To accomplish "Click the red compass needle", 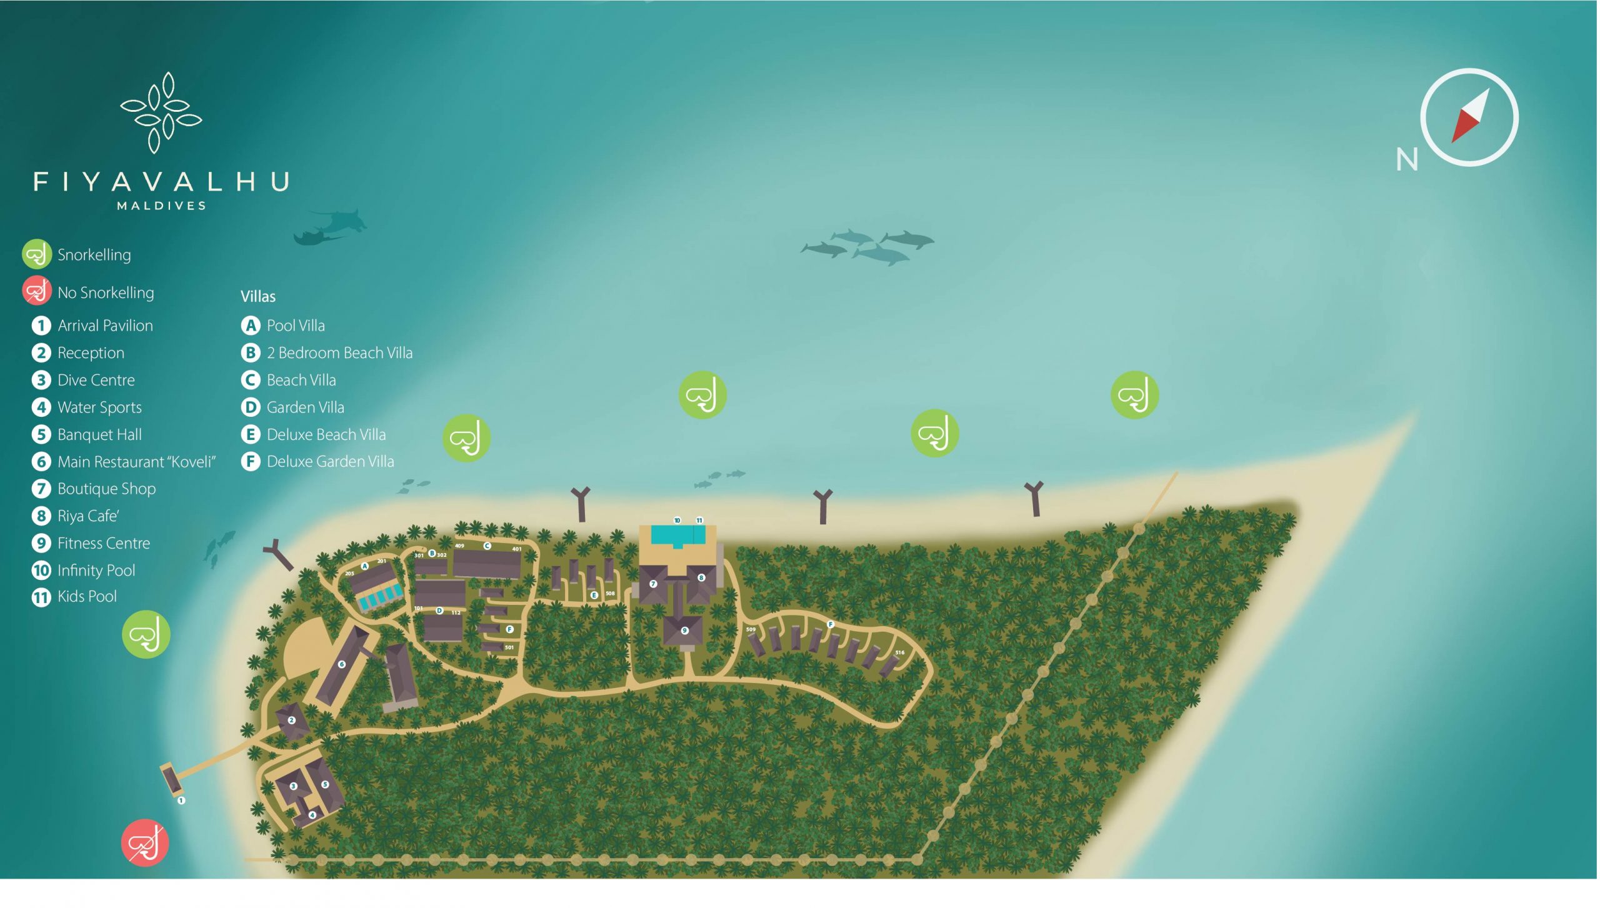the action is [x=1464, y=127].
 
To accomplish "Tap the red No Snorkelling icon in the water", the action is [x=145, y=843].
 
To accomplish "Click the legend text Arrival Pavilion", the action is [x=105, y=326].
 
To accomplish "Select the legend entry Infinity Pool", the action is [x=96, y=571].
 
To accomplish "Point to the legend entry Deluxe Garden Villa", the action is [x=330, y=462].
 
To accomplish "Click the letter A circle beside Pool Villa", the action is [x=251, y=326].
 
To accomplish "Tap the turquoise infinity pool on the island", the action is [x=672, y=535].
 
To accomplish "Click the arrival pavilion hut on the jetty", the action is [x=169, y=779].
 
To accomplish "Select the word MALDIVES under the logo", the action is [x=161, y=206].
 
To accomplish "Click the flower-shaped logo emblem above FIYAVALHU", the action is [x=161, y=112].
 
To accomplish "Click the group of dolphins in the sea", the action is [x=867, y=246].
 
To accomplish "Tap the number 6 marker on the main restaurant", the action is [x=342, y=664].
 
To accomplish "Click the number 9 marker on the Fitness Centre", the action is [x=684, y=631].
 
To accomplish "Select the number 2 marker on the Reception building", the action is [x=291, y=721].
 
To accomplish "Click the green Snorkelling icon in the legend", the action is [x=37, y=254].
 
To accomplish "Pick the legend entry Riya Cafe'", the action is [x=88, y=516].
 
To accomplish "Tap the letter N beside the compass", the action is [x=1407, y=160].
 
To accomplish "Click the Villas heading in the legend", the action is [x=258, y=297].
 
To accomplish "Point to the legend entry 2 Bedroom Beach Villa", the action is [x=339, y=353].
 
